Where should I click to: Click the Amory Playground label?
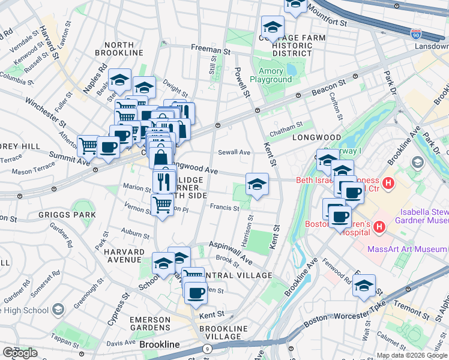(x=271, y=75)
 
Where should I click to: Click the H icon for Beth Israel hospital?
(x=388, y=183)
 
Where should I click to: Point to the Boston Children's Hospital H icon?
(x=379, y=227)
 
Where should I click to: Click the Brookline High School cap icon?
(x=58, y=309)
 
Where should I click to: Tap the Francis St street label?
(x=225, y=208)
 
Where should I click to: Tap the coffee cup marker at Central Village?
(x=196, y=293)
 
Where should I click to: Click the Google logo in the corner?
(x=20, y=353)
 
